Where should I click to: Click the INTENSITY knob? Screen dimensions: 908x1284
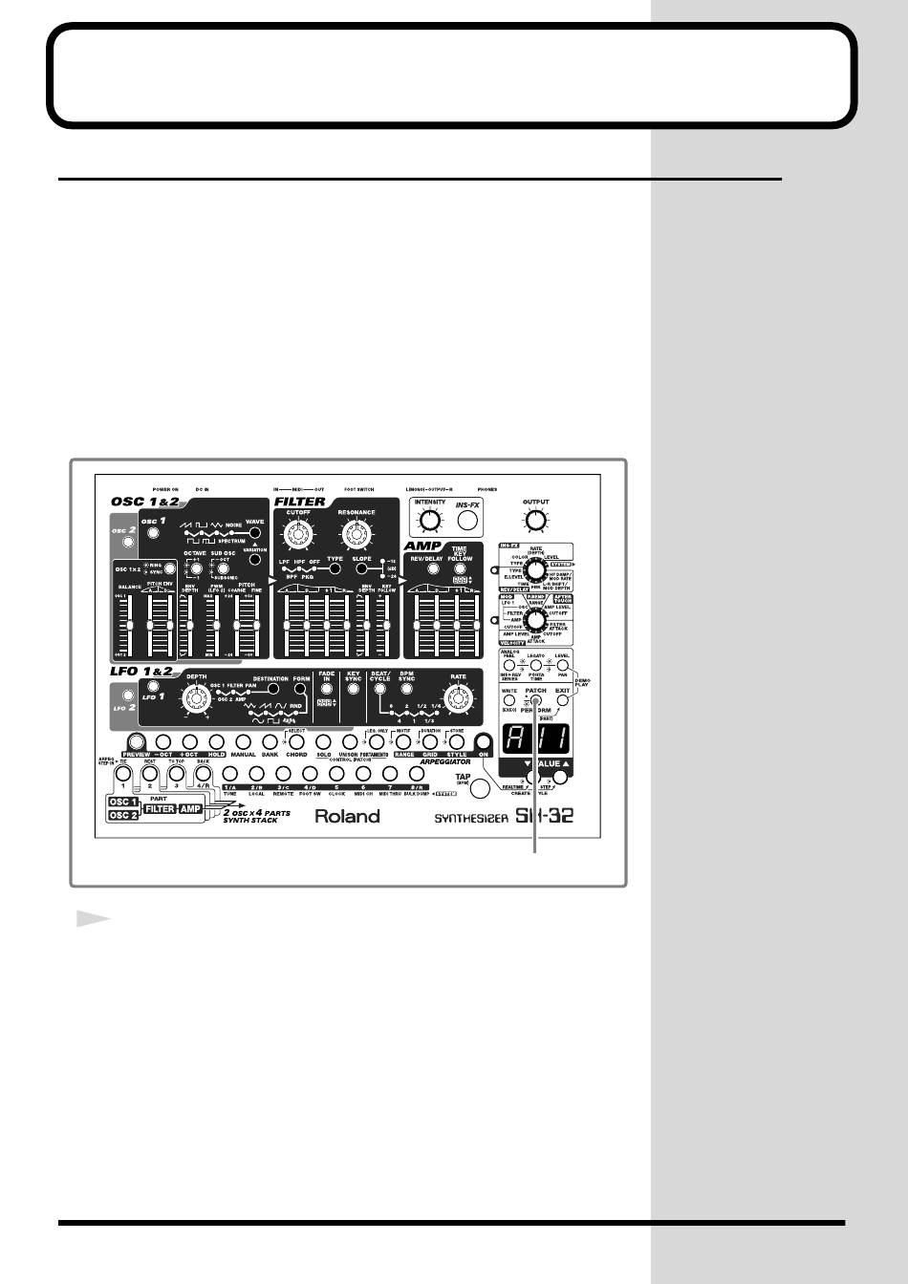point(430,520)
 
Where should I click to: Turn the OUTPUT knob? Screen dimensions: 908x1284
point(536,520)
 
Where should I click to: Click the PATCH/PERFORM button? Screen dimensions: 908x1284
point(536,699)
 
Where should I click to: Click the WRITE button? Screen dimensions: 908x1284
point(509,700)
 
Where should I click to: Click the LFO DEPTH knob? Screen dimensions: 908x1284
point(197,701)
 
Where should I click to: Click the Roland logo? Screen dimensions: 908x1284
point(348,816)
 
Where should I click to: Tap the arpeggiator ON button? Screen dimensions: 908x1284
point(482,740)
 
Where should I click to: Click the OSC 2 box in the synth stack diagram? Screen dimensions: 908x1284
point(123,816)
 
